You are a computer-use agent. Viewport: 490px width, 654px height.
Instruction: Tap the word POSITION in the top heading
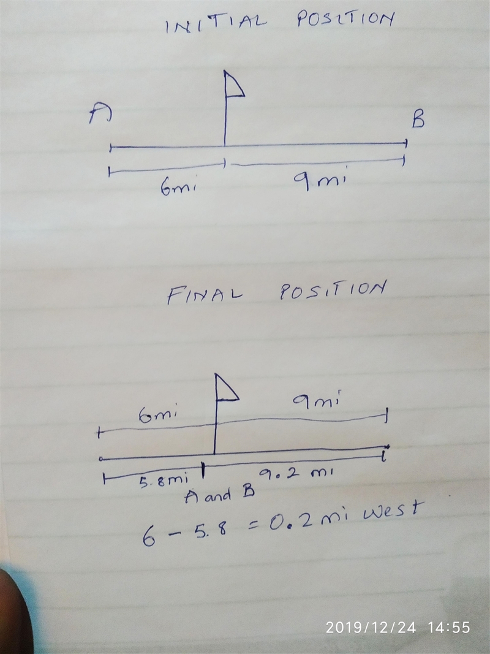pyautogui.click(x=345, y=19)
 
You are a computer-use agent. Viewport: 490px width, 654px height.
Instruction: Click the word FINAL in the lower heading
pyautogui.click(x=205, y=295)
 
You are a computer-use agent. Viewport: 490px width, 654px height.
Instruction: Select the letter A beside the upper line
pyautogui.click(x=100, y=114)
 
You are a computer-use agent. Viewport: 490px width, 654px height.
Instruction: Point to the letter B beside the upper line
pyautogui.click(x=418, y=120)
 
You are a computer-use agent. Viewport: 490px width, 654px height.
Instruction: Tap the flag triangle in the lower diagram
pyautogui.click(x=226, y=387)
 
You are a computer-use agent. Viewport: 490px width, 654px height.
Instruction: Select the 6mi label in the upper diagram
pyautogui.click(x=178, y=189)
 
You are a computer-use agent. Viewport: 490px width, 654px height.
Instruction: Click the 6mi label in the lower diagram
pyautogui.click(x=159, y=416)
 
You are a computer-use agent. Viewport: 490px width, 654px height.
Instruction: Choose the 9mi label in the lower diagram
pyautogui.click(x=317, y=400)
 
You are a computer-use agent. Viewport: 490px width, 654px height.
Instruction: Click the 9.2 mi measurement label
pyautogui.click(x=296, y=473)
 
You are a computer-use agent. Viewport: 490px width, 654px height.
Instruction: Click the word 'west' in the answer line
pyautogui.click(x=391, y=510)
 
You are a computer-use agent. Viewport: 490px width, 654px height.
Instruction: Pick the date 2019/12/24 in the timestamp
pyautogui.click(x=371, y=627)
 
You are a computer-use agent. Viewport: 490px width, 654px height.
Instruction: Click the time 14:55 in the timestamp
pyautogui.click(x=449, y=627)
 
